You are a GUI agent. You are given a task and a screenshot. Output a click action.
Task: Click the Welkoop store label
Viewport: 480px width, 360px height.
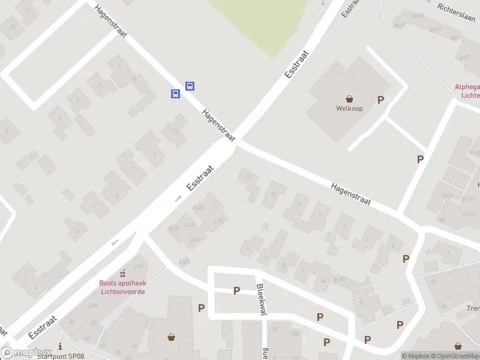coord(349,109)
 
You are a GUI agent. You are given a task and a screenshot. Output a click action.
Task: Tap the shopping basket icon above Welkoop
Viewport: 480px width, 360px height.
coord(349,99)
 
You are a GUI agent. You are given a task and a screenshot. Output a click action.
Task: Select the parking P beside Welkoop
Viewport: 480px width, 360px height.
coord(380,100)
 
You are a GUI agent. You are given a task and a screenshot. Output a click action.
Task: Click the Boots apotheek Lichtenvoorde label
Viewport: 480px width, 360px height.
coord(122,287)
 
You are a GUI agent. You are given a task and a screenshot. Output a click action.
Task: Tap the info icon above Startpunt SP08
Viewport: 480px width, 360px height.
coord(60,346)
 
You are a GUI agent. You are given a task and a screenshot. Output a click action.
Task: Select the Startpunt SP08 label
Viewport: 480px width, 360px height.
coord(60,356)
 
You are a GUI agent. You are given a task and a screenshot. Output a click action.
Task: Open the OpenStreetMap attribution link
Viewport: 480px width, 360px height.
coord(455,356)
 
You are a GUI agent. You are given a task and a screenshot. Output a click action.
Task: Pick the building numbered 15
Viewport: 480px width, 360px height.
coord(274,193)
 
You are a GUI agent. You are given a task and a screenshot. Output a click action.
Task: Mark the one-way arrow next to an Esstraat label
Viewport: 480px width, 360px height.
coord(178,198)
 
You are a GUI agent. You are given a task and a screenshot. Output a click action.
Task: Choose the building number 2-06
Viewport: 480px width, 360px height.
coord(92,305)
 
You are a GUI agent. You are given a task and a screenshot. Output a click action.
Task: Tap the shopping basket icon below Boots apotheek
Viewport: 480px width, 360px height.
coord(172,337)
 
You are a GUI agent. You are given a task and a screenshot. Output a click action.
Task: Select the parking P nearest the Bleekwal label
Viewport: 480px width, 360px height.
coord(237,291)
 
